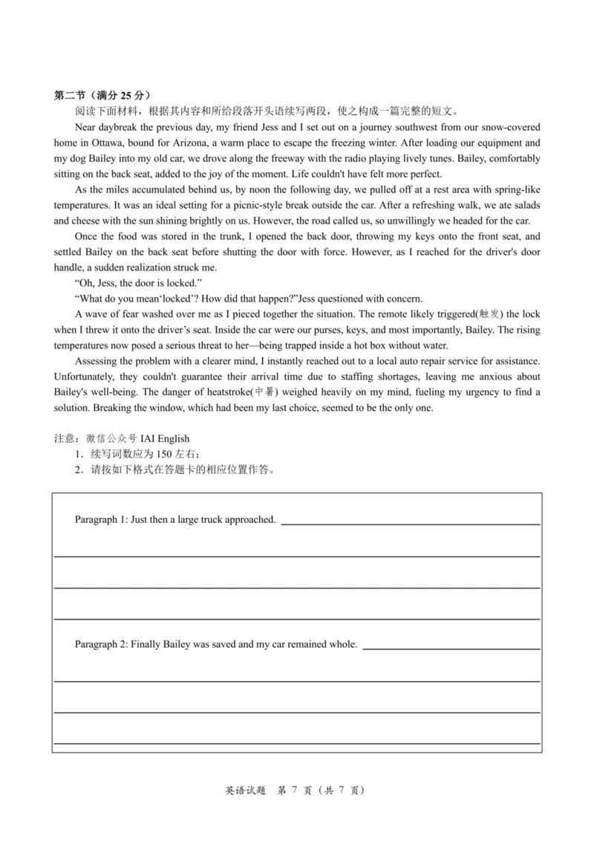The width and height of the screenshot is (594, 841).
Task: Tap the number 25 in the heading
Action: [x=127, y=95]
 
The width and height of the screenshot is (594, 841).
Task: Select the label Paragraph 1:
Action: [x=101, y=520]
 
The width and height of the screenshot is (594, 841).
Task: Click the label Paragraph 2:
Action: [x=101, y=644]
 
